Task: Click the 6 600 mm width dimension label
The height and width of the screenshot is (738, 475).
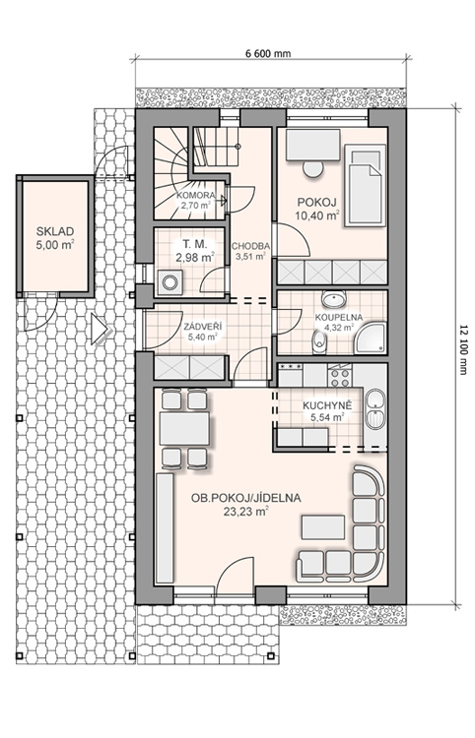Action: coord(268,53)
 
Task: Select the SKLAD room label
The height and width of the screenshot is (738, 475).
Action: coord(55,231)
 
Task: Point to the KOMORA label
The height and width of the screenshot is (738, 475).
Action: coord(195,196)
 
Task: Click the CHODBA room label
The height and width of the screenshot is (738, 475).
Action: coord(250,246)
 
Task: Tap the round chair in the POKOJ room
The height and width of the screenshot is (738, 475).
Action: coord(312,169)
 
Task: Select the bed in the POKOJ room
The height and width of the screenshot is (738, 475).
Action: coord(365,186)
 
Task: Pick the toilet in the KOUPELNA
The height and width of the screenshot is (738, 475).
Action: coord(320,341)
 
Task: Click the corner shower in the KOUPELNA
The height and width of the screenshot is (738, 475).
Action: coord(371,338)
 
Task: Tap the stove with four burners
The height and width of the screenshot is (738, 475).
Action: coord(340,377)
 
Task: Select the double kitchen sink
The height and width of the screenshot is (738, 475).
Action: coord(375,408)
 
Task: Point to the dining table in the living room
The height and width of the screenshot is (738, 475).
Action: coord(184,428)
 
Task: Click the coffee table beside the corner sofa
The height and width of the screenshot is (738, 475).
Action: coord(323,527)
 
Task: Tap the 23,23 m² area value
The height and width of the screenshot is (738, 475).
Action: coord(246,512)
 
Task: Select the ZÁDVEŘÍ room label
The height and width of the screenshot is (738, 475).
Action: coord(203,326)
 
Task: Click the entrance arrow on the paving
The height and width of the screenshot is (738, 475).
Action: coord(100,329)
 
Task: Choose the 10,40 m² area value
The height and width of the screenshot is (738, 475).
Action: coord(317,215)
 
